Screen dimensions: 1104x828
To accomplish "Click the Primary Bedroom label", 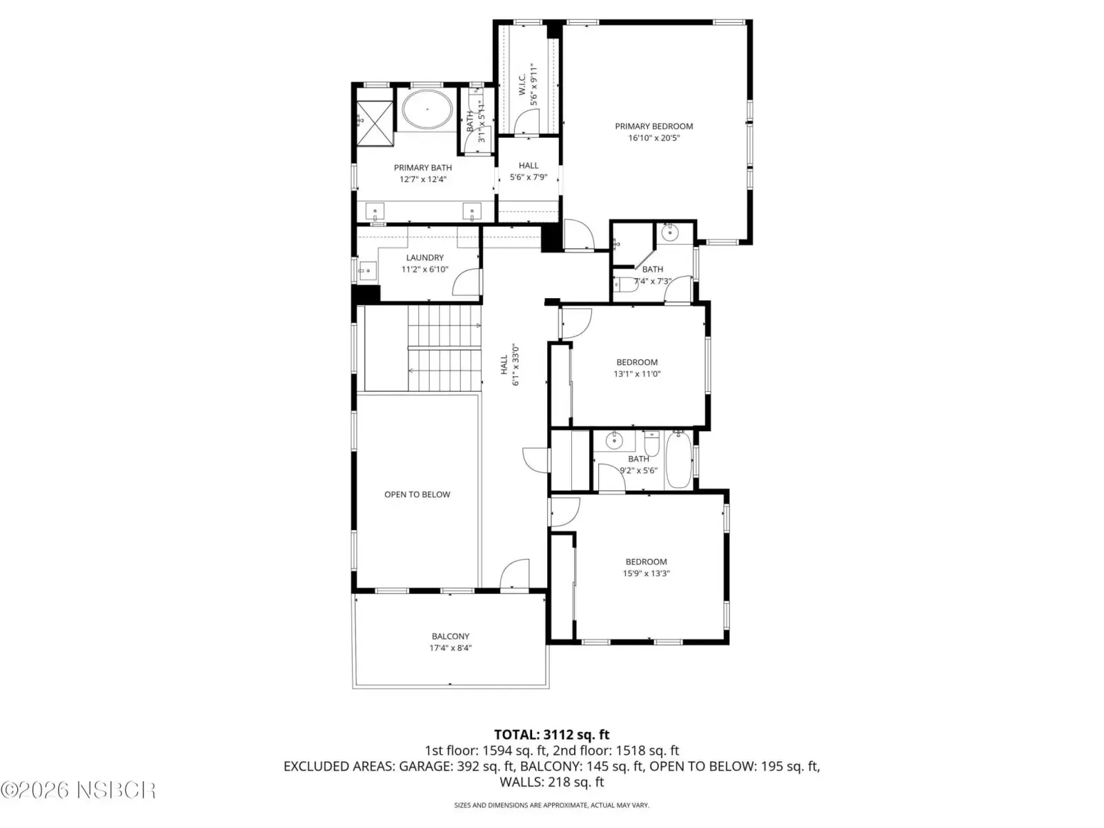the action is [653, 126].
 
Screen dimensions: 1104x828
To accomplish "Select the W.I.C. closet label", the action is [522, 84].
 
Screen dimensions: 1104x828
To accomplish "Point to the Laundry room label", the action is [424, 257].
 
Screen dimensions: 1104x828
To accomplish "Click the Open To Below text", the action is [417, 494].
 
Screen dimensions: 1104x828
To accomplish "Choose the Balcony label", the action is [450, 636].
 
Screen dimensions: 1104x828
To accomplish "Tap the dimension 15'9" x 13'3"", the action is [646, 573].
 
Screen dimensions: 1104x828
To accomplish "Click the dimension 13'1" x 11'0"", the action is [637, 373].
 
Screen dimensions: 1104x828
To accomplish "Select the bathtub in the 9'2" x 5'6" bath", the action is [678, 460].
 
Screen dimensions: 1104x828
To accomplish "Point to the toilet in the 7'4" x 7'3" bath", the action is [626, 284].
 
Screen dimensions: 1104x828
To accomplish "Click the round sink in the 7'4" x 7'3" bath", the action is [669, 233].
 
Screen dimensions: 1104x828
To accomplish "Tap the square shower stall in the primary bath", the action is [375, 124].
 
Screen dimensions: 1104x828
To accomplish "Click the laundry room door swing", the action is [466, 282].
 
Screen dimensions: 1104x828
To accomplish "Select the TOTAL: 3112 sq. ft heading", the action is [552, 734].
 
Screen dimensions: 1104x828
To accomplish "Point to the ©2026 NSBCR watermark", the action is [78, 790].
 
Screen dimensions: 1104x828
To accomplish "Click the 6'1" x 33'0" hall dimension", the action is [515, 365].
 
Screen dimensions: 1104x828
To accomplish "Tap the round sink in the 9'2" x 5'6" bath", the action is [613, 441].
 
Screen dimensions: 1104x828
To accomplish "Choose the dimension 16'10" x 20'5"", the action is [653, 138].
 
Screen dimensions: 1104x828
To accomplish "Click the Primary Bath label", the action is [422, 168].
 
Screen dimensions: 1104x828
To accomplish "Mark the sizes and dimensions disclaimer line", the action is [551, 805].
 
